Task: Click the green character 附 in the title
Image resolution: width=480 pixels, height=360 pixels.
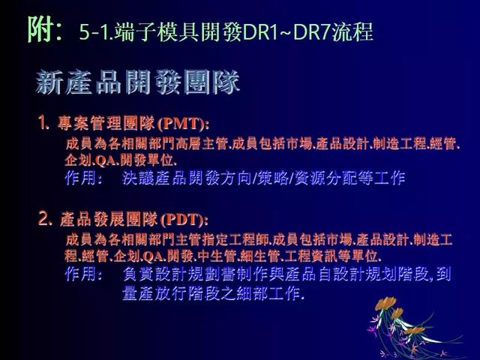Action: point(40,29)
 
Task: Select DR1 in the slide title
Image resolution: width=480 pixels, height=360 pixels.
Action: point(259,31)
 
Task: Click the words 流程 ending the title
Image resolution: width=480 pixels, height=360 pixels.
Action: point(352,31)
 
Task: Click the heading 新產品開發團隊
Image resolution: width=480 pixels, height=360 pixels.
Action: point(138,82)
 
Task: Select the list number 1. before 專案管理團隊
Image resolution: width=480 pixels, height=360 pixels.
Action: point(43,123)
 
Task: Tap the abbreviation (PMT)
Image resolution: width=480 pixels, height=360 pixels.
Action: point(183,123)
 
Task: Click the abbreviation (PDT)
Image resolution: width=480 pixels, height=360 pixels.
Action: point(184,220)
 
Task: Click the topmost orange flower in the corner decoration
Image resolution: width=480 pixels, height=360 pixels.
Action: point(385,303)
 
